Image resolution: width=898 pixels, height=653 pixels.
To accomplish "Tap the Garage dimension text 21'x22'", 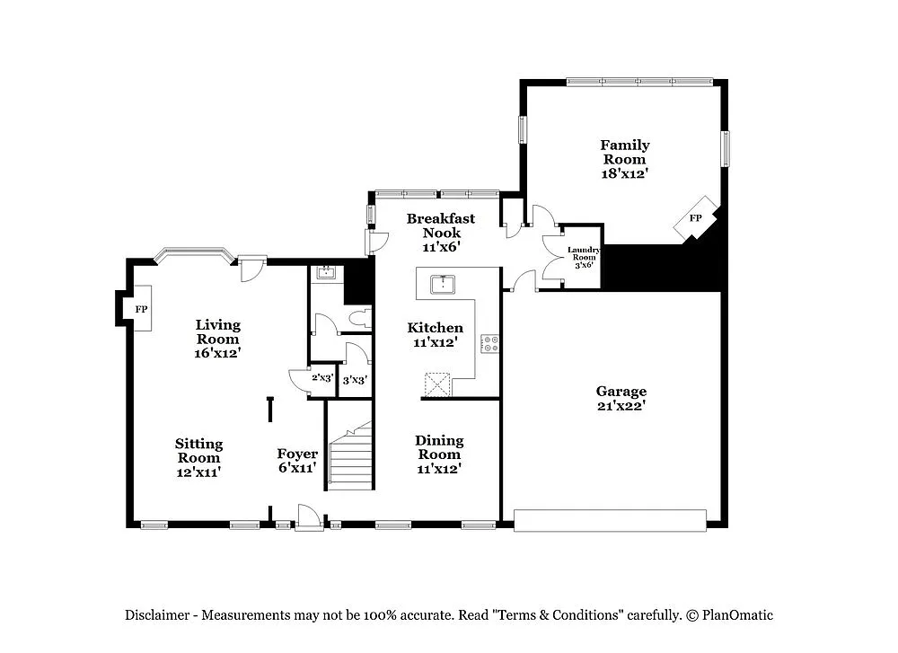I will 621,406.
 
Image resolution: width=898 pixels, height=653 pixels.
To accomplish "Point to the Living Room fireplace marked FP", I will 140,309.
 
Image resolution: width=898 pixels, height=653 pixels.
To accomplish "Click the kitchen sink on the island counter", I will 442,285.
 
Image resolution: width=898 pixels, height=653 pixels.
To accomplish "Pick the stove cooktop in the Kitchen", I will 491,342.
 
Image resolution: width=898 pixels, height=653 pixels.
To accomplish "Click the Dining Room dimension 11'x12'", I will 439,469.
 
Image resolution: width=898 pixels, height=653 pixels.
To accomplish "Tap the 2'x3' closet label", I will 322,379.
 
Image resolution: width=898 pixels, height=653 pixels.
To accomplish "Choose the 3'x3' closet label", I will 355,380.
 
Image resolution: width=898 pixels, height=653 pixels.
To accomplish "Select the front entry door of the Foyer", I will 308,518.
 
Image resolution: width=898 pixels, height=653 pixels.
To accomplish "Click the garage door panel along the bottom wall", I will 610,520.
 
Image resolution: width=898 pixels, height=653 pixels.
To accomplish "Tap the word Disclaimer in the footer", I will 157,615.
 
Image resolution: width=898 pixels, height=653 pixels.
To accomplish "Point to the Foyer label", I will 296,454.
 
